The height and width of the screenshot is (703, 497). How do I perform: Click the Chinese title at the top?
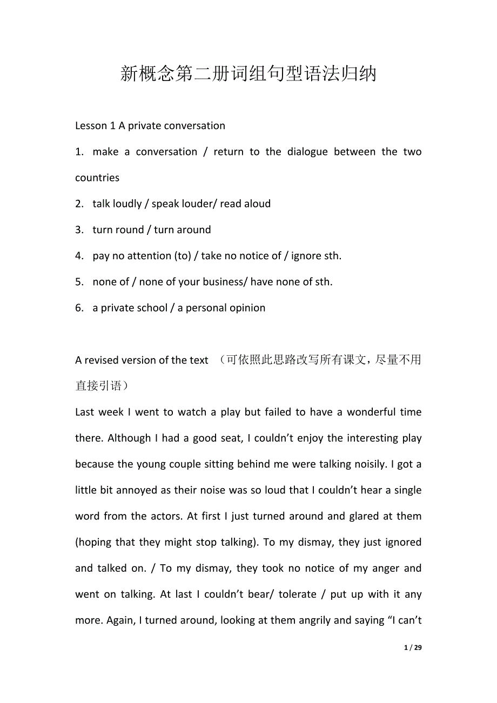248,73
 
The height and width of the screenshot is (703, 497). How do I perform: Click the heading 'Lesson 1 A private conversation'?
150,126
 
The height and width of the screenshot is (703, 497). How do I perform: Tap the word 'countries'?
97,178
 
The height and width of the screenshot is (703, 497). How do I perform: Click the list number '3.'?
79,230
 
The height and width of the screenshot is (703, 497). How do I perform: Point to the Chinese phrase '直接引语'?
98,386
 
